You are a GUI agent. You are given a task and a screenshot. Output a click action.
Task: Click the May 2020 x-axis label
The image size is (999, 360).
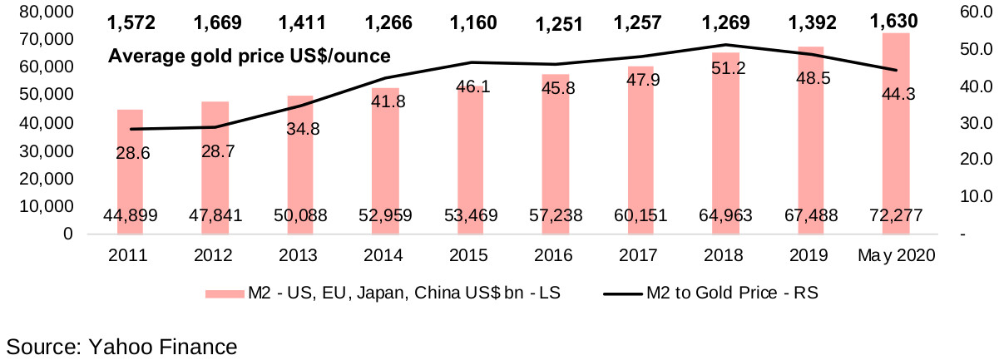click(x=896, y=256)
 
